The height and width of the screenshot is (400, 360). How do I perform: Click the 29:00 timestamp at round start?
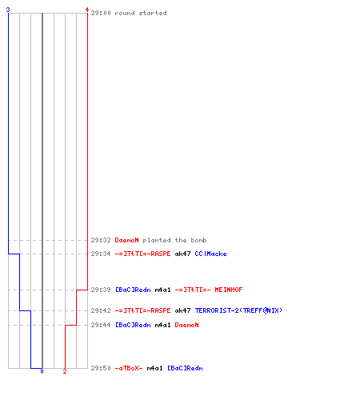click(x=101, y=13)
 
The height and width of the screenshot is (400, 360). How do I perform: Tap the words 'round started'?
click(x=141, y=13)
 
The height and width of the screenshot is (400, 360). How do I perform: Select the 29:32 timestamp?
click(x=101, y=240)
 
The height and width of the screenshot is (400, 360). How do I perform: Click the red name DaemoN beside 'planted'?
click(x=127, y=240)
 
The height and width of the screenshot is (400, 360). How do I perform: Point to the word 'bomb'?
click(x=198, y=240)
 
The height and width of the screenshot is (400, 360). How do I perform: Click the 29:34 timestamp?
click(x=101, y=254)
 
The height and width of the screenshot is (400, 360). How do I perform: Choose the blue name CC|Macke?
click(x=210, y=254)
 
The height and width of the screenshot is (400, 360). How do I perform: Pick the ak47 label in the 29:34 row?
click(x=182, y=254)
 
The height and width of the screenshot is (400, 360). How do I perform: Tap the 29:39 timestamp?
click(x=101, y=290)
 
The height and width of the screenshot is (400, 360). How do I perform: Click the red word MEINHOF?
click(x=229, y=290)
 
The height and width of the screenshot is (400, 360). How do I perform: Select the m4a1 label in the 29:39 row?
click(x=162, y=290)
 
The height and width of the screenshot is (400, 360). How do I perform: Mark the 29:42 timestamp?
click(x=101, y=310)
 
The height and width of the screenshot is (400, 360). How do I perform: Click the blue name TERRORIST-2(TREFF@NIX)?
click(x=238, y=310)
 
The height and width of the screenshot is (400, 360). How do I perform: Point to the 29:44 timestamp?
click(x=101, y=325)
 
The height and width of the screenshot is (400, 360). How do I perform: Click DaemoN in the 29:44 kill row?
click(x=186, y=325)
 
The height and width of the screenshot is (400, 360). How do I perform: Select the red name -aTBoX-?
click(x=129, y=368)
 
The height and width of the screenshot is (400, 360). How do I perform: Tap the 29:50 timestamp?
click(x=101, y=368)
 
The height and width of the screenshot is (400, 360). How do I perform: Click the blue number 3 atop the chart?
click(x=8, y=10)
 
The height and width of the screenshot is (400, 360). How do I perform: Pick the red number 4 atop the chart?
click(x=87, y=10)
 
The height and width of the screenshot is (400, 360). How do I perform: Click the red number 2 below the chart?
click(x=65, y=371)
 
